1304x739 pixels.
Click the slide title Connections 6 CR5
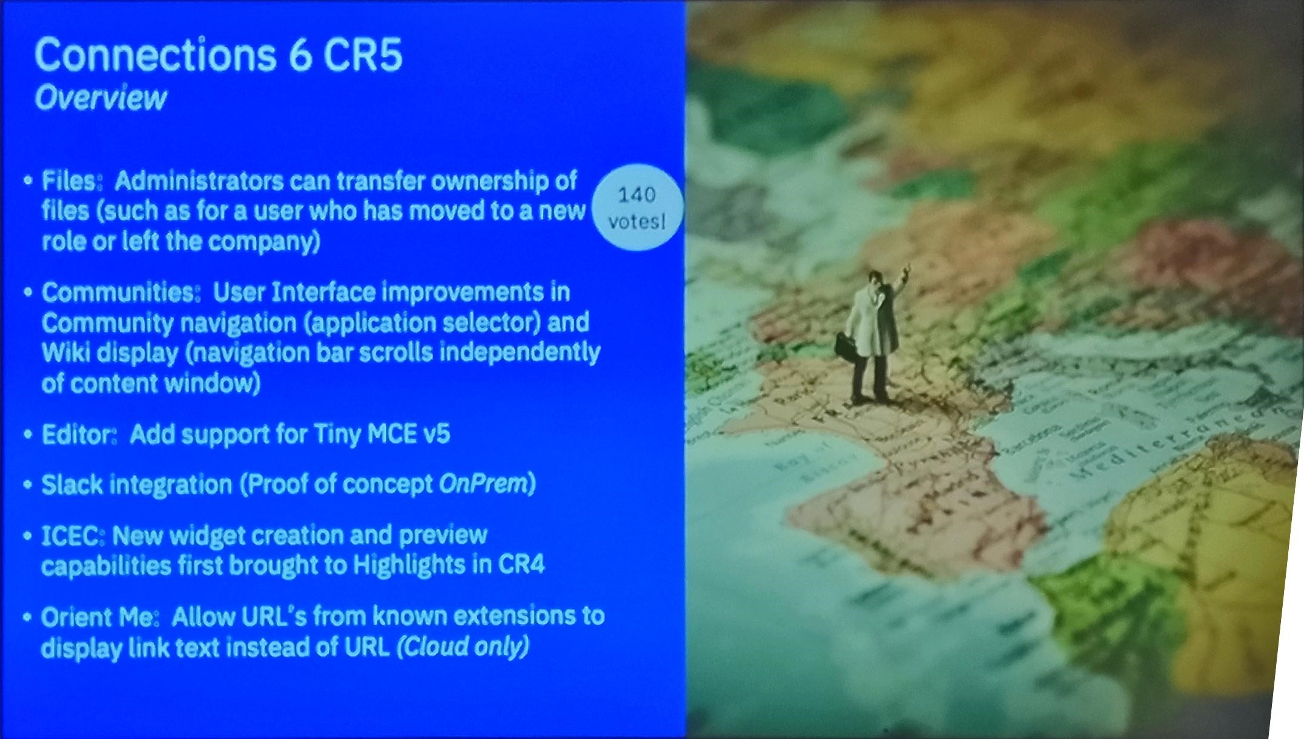[x=218, y=55]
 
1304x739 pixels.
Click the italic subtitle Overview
[x=100, y=98]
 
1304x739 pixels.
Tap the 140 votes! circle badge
[x=637, y=208]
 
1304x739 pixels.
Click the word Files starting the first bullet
[x=68, y=181]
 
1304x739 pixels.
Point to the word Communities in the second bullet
[x=121, y=293]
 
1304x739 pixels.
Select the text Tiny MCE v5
[x=382, y=434]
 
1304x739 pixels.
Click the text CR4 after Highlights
[x=521, y=565]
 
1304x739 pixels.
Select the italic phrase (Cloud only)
[x=463, y=646]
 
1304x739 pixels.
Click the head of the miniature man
[x=875, y=280]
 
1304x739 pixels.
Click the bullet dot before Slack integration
[x=27, y=485]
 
